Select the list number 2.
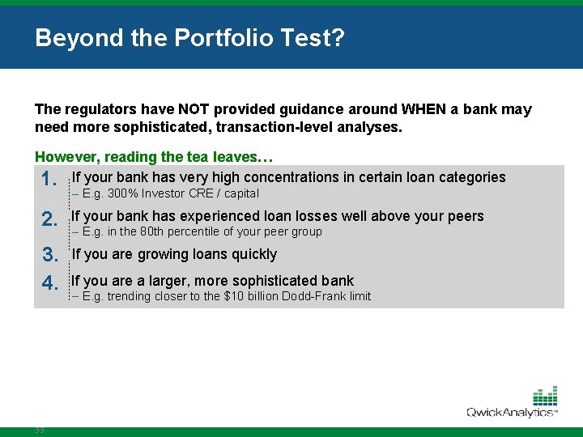tap(49, 219)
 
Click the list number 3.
tap(49, 257)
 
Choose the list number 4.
tap(49, 283)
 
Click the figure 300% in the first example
tap(122, 193)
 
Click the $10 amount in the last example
tap(234, 296)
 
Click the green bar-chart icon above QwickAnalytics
tap(545, 396)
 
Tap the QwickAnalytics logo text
tap(510, 412)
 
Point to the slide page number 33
tap(40, 431)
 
